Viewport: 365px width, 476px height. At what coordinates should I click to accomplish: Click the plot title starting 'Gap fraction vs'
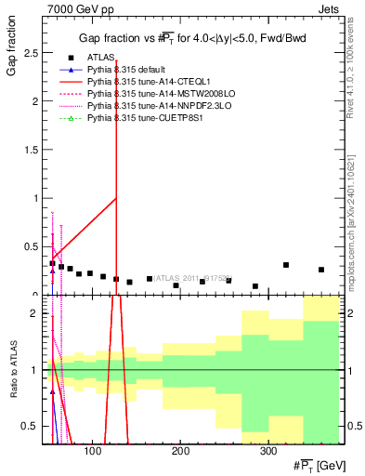[x=191, y=38]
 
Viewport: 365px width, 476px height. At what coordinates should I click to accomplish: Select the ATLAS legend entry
[x=100, y=58]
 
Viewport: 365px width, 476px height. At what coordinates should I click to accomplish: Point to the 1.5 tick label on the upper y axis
[x=31, y=150]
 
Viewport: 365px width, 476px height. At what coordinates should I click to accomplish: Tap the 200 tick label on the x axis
[x=180, y=451]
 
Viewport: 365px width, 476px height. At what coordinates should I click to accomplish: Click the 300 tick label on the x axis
[x=267, y=451]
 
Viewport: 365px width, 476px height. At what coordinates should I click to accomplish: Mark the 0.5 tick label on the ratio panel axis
[x=31, y=427]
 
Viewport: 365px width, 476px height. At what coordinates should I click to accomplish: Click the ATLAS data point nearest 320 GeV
[x=286, y=265]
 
